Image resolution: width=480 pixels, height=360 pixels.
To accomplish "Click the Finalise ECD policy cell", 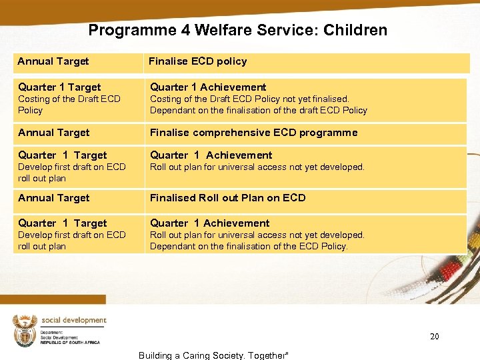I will [x=197, y=61].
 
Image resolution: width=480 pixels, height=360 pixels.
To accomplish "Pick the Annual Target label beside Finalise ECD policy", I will [x=53, y=61].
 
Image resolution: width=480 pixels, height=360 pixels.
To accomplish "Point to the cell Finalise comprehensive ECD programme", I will [x=253, y=133].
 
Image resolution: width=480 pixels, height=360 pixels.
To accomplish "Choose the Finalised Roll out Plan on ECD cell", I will [x=227, y=198].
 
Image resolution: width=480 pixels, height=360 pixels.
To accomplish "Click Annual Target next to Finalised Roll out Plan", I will [x=54, y=198].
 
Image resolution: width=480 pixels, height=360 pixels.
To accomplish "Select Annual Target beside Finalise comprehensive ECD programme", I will [x=54, y=133].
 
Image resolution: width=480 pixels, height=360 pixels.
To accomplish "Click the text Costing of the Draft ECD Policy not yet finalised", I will [x=249, y=99].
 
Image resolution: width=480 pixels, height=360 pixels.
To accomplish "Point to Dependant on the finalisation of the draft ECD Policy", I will [x=258, y=110].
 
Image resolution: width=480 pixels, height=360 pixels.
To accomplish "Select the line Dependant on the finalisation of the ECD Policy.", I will [x=249, y=246].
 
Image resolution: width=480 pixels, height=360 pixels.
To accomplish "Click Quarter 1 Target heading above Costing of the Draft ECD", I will [x=60, y=87].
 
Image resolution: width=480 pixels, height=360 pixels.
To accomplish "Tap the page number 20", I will [x=434, y=337].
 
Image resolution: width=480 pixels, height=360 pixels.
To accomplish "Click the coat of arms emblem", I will [x=25, y=331].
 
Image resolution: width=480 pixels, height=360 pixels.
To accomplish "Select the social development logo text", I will [x=73, y=320].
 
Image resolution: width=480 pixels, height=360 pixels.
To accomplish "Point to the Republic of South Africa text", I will [x=70, y=342].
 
